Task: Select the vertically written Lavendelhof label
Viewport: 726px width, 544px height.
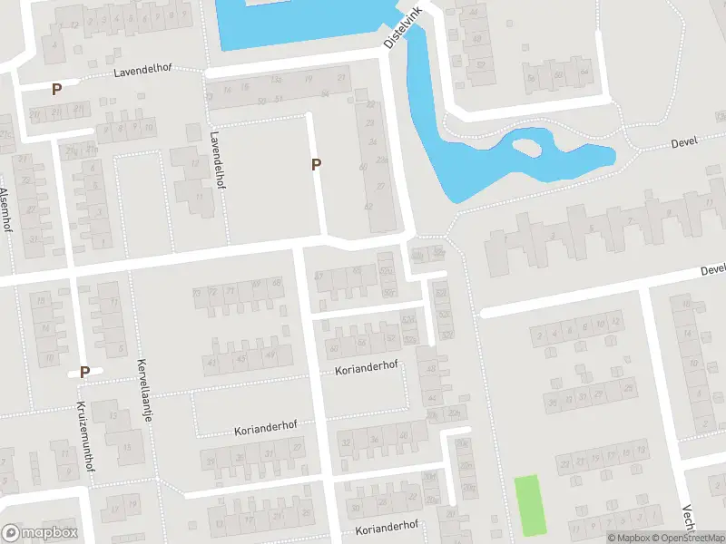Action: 219,158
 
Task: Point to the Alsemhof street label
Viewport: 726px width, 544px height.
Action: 5,209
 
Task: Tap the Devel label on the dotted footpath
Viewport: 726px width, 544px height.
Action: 682,143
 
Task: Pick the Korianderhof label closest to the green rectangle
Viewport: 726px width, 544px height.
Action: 387,527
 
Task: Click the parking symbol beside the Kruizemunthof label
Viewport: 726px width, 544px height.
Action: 84,372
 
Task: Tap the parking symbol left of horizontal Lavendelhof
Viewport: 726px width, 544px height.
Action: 56,89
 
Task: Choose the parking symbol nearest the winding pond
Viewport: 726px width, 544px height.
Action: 316,164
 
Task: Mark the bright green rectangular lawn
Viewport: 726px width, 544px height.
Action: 532,504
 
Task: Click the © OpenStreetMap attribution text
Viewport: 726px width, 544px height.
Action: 686,538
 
